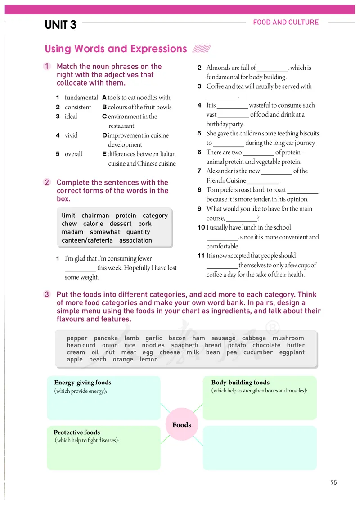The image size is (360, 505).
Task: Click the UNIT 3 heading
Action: click(x=61, y=25)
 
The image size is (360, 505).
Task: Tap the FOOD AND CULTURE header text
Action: click(x=286, y=22)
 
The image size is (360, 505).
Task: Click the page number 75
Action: click(x=333, y=482)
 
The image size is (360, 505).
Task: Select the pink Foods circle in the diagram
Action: click(x=182, y=425)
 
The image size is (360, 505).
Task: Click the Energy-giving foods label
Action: click(x=83, y=383)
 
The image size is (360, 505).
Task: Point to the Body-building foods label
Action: click(x=240, y=383)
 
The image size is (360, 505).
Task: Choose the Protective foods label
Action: click(x=77, y=432)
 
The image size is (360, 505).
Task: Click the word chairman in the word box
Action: click(x=95, y=216)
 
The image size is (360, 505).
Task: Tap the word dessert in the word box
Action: click(x=121, y=224)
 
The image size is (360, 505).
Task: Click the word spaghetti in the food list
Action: click(x=184, y=345)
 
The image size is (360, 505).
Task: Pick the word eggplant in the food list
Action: click(x=292, y=352)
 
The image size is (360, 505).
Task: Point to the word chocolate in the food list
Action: click(x=266, y=345)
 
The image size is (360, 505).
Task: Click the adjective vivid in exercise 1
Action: click(x=71, y=135)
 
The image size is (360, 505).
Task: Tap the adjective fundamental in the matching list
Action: click(x=81, y=97)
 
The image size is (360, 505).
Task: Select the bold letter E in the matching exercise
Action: click(x=104, y=154)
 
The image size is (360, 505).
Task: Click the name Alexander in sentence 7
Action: click(x=221, y=171)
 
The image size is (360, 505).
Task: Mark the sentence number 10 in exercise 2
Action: click(x=201, y=227)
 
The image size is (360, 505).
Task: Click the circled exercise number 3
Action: click(x=47, y=295)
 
